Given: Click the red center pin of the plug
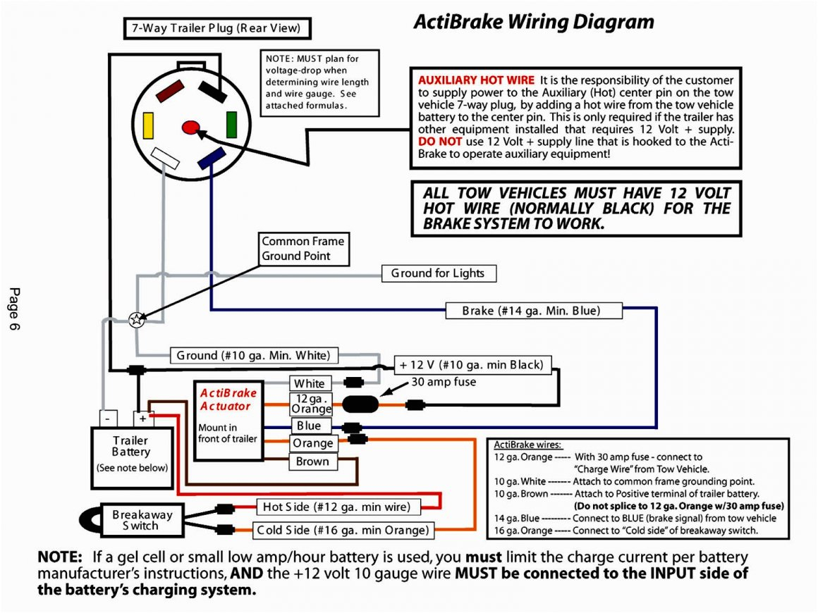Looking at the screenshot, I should (190, 128).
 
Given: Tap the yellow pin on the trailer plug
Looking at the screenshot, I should (148, 125).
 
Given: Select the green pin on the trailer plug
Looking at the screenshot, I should (231, 124).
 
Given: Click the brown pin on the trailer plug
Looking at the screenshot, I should (170, 91).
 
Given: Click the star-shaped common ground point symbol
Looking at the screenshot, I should (137, 319).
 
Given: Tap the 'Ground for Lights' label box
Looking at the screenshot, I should (438, 273).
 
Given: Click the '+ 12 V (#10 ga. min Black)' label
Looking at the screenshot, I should (472, 365).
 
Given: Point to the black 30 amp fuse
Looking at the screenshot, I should (360, 404).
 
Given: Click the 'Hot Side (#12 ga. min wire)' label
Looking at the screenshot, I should (338, 507).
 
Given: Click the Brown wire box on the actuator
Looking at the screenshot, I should (313, 462).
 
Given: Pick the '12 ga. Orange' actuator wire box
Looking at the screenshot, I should (311, 404).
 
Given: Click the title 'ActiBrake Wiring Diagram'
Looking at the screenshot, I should (533, 22).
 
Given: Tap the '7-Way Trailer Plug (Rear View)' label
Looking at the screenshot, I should (216, 29).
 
